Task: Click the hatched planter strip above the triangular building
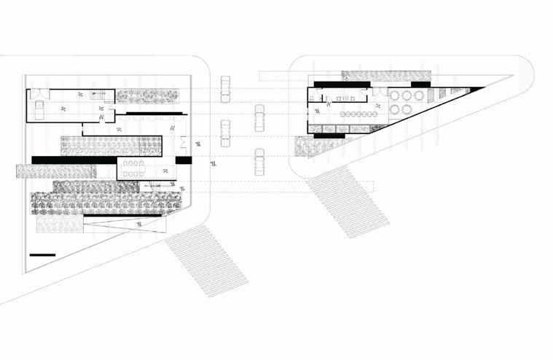(x=385, y=75)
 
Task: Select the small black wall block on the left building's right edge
(x=183, y=160)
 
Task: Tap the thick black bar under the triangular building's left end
(x=329, y=136)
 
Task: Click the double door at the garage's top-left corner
(x=41, y=93)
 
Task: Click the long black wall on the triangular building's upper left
(x=342, y=84)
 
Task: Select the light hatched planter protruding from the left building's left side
(x=55, y=171)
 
